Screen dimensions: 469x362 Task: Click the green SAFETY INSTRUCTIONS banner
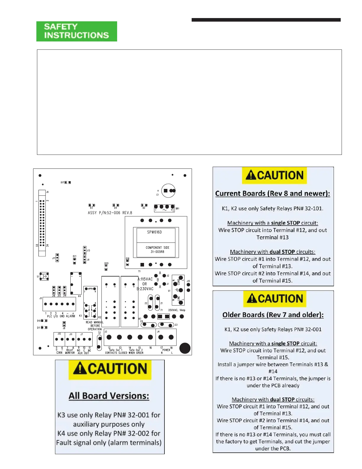click(77, 31)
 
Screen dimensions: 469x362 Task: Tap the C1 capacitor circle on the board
click(169, 191)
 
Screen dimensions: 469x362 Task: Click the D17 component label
click(62, 182)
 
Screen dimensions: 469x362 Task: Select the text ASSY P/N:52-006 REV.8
click(110, 213)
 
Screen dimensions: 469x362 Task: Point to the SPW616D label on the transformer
click(154, 232)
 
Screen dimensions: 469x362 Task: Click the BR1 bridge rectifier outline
click(164, 208)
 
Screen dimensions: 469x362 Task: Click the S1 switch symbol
click(44, 277)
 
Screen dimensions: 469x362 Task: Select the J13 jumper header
click(85, 250)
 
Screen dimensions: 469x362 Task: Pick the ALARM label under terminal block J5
click(70, 316)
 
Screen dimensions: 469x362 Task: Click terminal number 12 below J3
click(109, 348)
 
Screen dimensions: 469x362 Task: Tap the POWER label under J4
click(166, 350)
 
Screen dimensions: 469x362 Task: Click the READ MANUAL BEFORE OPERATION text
click(95, 326)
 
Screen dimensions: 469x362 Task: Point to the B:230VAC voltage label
click(145, 289)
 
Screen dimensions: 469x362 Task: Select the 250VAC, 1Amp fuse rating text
click(177, 310)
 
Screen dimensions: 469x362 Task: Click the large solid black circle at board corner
click(185, 348)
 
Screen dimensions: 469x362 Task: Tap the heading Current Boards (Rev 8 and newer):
click(272, 193)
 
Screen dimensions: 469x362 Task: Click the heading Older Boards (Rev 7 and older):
click(273, 315)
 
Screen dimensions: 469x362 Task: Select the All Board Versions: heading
click(109, 396)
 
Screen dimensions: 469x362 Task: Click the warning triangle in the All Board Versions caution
click(80, 369)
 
